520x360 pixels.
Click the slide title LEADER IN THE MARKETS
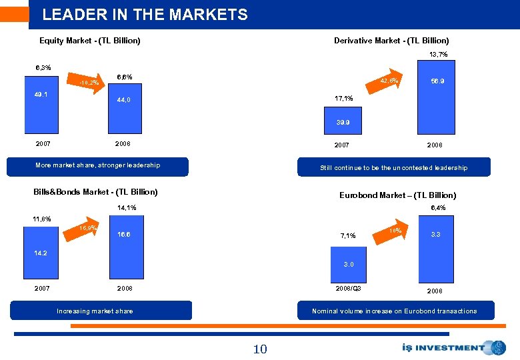[x=145, y=15]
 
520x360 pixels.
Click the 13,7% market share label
[x=438, y=53]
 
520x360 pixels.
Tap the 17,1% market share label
[x=343, y=99]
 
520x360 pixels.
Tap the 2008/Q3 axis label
[x=348, y=289]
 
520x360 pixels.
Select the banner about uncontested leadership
[x=393, y=167]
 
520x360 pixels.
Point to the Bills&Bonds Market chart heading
[x=95, y=192]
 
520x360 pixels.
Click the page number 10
[x=259, y=349]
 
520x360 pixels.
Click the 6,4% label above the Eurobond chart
[x=438, y=208]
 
